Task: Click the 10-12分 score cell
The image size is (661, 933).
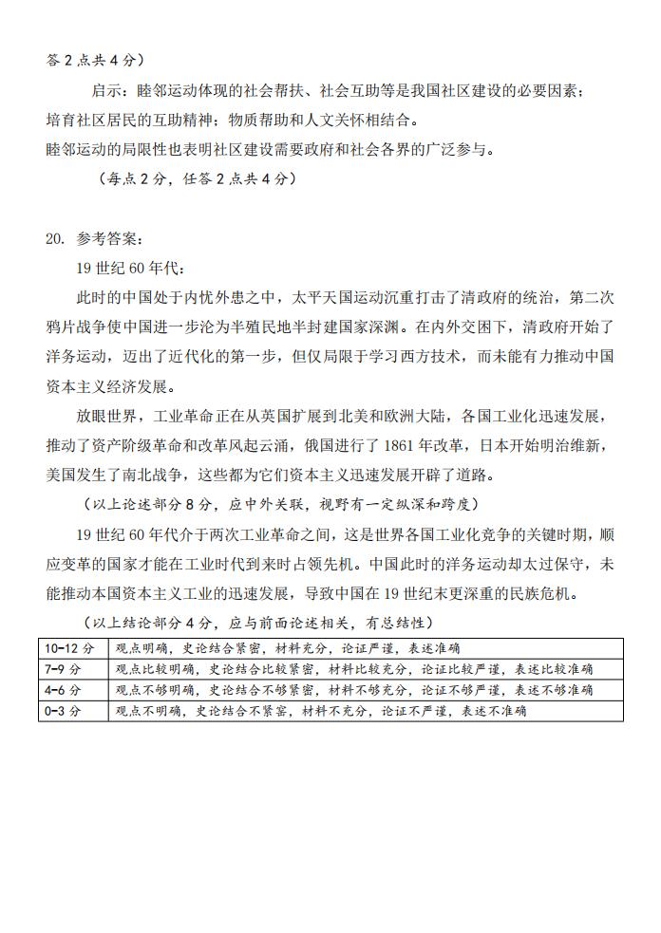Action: coord(70,649)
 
